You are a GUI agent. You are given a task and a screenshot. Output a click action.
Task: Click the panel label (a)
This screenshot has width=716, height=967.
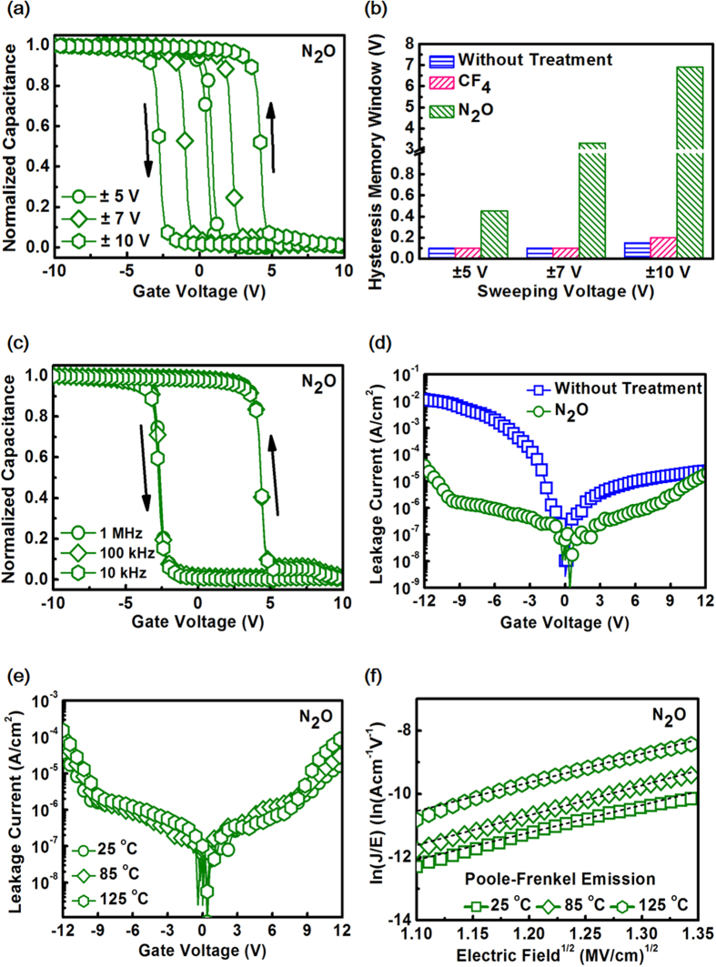(15, 11)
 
